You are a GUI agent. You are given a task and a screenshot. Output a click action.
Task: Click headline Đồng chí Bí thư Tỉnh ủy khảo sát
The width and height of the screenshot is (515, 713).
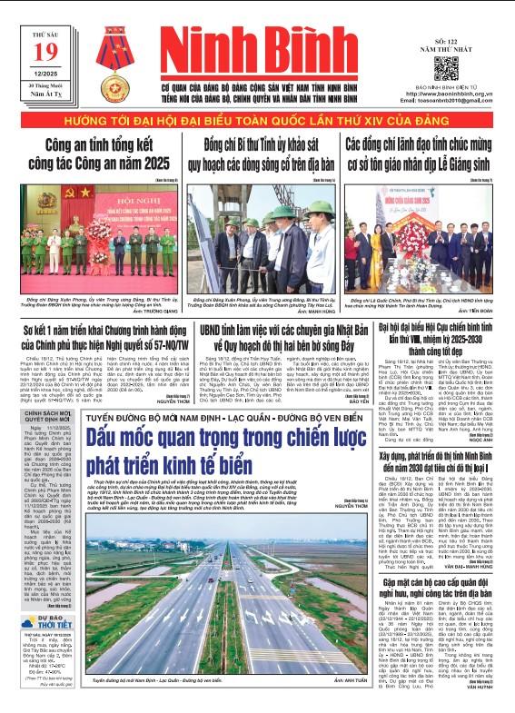coord(256,149)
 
